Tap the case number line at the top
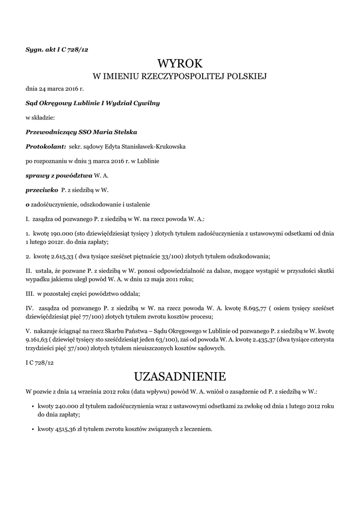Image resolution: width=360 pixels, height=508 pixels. point(57,49)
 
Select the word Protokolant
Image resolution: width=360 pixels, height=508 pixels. point(45,147)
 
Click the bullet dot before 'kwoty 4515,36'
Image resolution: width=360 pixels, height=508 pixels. point(32,429)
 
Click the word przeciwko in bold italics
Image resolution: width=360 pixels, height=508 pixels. point(40,190)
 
